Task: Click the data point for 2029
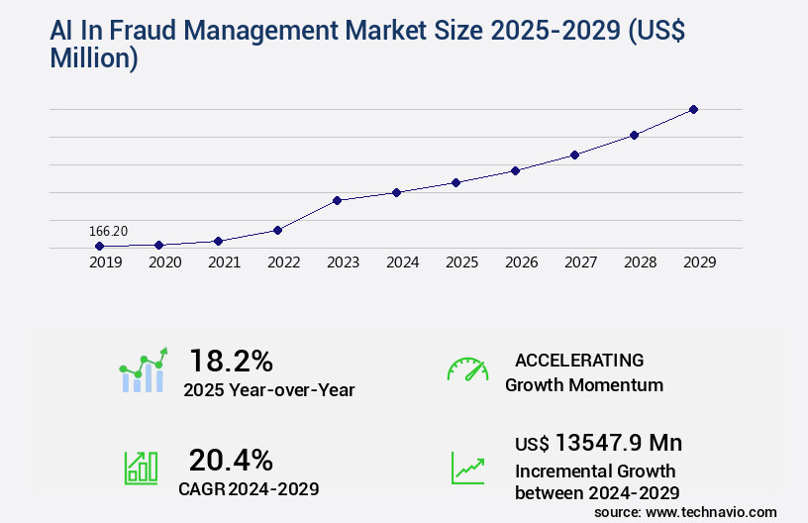pyautogui.click(x=693, y=109)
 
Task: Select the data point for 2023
pyautogui.click(x=337, y=200)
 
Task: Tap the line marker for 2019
pyautogui.click(x=99, y=246)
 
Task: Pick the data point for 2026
pyautogui.click(x=515, y=170)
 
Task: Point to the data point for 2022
pyautogui.click(x=277, y=230)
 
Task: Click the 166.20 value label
pyautogui.click(x=109, y=231)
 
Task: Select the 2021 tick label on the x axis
pyautogui.click(x=224, y=262)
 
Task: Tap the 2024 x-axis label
pyautogui.click(x=402, y=262)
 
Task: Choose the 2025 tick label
pyautogui.click(x=461, y=262)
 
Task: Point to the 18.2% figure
pyautogui.click(x=231, y=361)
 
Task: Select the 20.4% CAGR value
pyautogui.click(x=231, y=460)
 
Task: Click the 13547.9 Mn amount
pyautogui.click(x=618, y=443)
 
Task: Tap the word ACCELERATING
pyautogui.click(x=579, y=360)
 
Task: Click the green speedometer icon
pyautogui.click(x=467, y=368)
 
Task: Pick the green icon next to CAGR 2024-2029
pyautogui.click(x=141, y=468)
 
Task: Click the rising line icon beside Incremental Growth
pyautogui.click(x=467, y=468)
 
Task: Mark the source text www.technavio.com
pyautogui.click(x=711, y=511)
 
